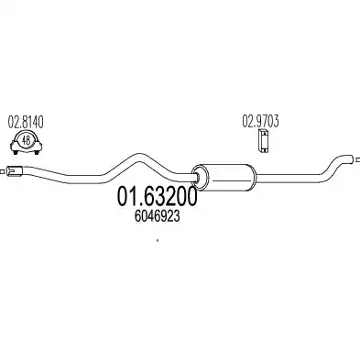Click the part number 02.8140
26,122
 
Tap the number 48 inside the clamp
27,140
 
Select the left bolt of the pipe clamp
15,151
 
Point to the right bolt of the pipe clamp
38,151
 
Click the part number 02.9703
260,121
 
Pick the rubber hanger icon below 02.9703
263,141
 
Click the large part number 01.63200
156,197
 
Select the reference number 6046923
157,216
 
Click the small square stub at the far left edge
2,171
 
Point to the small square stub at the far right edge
358,159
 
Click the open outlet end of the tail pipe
352,159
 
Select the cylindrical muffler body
224,176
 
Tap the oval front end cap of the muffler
201,176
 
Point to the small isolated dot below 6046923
158,240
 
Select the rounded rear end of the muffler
254,177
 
